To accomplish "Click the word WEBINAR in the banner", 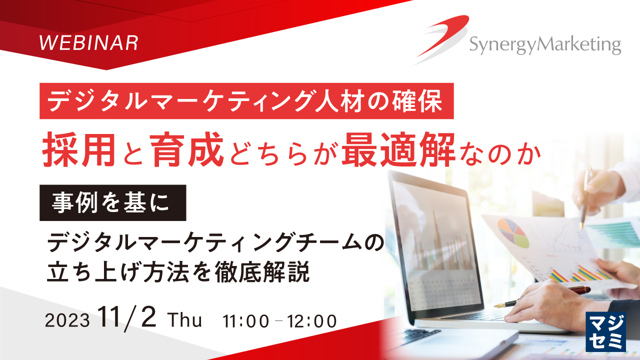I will point(88,43).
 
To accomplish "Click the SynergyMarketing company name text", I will point(544,46).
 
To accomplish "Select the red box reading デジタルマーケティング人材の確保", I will point(246,101).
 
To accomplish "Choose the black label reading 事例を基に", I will point(113,203).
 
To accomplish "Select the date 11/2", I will point(129,318).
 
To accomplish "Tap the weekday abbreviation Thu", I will point(185,320).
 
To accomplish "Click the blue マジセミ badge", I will point(605,331).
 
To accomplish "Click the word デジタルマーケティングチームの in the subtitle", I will point(214,243).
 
